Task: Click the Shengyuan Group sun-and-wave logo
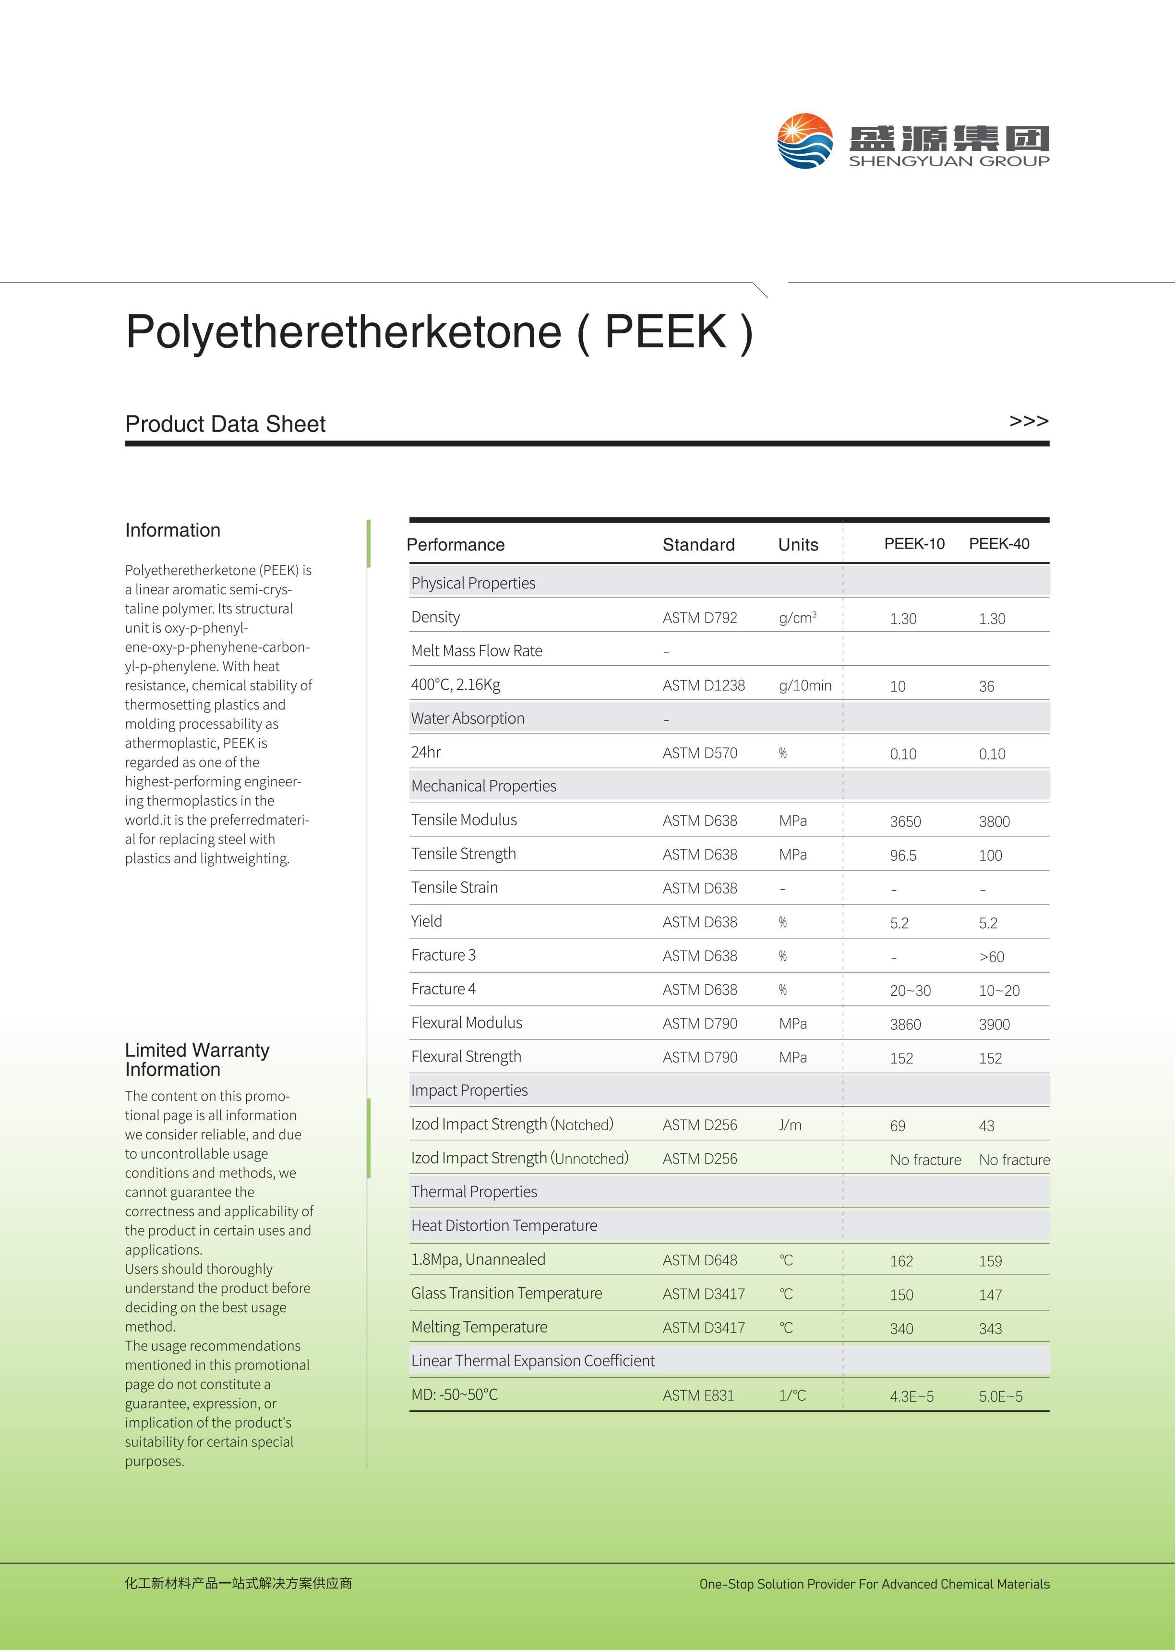[x=804, y=141]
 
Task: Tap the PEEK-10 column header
[x=914, y=544]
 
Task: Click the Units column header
[x=798, y=544]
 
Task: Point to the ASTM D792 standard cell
[x=700, y=618]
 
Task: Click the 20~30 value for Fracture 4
[x=910, y=991]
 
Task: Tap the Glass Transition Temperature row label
[x=506, y=1293]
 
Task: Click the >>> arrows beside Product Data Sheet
[x=1028, y=421]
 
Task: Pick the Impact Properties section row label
[x=469, y=1090]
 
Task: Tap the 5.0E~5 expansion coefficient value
[x=1001, y=1396]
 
